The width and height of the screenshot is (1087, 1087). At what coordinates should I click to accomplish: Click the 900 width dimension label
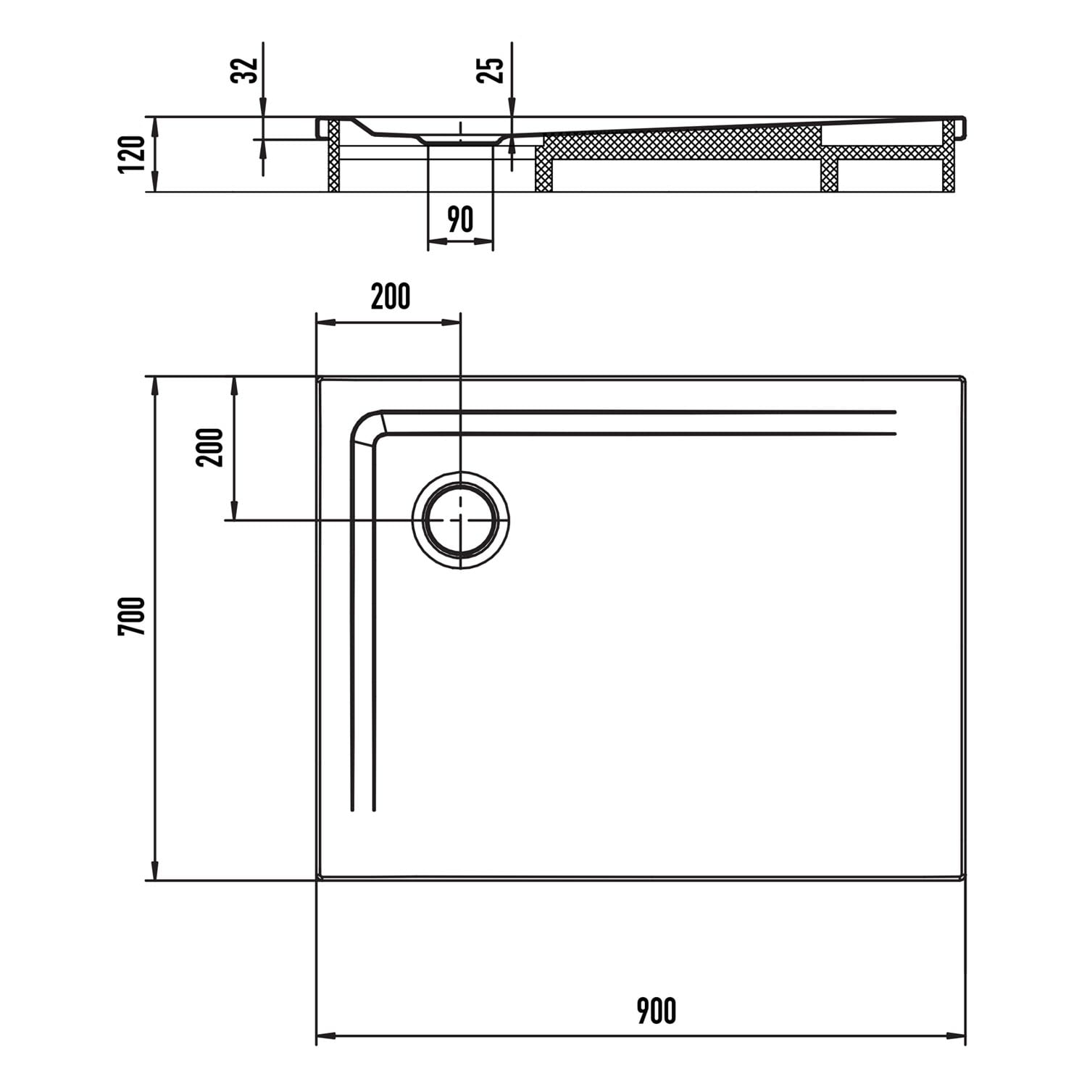pyautogui.click(x=657, y=1011)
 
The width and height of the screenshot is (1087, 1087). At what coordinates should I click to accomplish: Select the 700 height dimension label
pyautogui.click(x=132, y=616)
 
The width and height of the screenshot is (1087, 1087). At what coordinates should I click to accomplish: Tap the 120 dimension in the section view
pyautogui.click(x=132, y=154)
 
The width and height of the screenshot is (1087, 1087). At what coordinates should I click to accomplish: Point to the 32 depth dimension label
pyautogui.click(x=244, y=70)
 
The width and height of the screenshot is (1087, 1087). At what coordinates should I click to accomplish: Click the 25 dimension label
pyautogui.click(x=490, y=70)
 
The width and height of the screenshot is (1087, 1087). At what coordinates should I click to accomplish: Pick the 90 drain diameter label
pyautogui.click(x=460, y=220)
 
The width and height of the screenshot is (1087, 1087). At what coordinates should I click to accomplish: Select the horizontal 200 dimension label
pyautogui.click(x=391, y=296)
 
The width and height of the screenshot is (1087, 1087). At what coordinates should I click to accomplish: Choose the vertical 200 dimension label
pyautogui.click(x=211, y=447)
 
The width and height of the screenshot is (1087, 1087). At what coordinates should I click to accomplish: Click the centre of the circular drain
pyautogui.click(x=461, y=520)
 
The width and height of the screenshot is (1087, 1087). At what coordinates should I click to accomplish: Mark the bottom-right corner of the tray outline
pyautogui.click(x=965, y=880)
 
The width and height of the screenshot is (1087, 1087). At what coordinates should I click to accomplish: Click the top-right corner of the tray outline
pyautogui.click(x=965, y=378)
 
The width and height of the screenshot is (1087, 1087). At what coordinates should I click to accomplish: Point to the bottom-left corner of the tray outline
pyautogui.click(x=317, y=880)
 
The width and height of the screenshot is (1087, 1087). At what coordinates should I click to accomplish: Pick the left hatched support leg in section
pyautogui.click(x=334, y=156)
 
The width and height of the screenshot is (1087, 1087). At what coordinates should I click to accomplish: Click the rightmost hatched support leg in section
pyautogui.click(x=949, y=156)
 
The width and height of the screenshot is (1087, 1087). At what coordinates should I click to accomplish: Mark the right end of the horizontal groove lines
pyautogui.click(x=896, y=422)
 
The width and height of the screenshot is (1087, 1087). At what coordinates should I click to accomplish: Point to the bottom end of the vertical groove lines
pyautogui.click(x=363, y=809)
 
